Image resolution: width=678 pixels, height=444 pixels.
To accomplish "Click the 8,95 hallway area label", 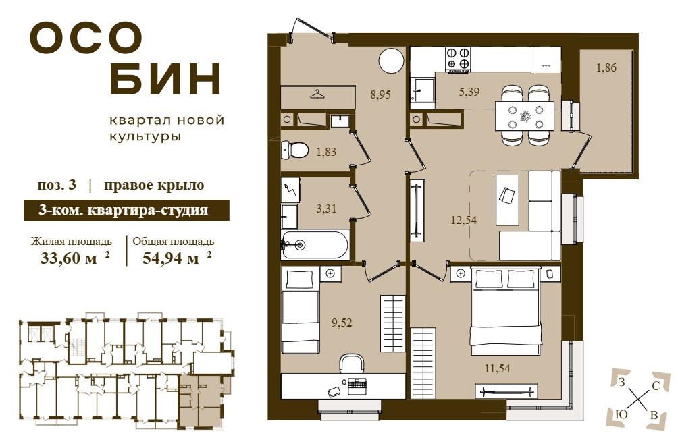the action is [380, 94].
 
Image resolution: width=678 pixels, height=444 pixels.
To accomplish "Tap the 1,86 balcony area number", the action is [606, 67].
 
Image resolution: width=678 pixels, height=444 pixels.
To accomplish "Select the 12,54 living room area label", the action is [463, 220].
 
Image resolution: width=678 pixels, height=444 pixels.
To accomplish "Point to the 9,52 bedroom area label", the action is [342, 323].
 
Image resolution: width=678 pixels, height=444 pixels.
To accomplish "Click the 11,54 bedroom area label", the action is [497, 368].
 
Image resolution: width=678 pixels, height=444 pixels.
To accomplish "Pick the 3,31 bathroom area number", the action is [326, 209].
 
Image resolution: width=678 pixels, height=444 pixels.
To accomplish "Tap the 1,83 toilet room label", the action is [326, 152].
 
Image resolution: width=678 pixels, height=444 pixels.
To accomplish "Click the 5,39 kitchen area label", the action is [469, 92].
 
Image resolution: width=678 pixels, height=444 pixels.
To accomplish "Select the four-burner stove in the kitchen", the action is [458, 59].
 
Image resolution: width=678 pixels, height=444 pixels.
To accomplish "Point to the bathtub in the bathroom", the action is [315, 246].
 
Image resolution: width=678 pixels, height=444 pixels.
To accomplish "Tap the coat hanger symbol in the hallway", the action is [318, 94].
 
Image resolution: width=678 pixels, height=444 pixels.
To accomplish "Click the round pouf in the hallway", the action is [391, 61].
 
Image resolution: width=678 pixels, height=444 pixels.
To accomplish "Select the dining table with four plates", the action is [525, 116].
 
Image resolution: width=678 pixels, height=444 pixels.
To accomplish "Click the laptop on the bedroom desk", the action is [357, 384].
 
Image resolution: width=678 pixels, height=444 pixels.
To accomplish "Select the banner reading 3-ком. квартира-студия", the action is [126, 211].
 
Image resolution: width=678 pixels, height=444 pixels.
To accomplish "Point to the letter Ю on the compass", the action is [621, 414].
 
